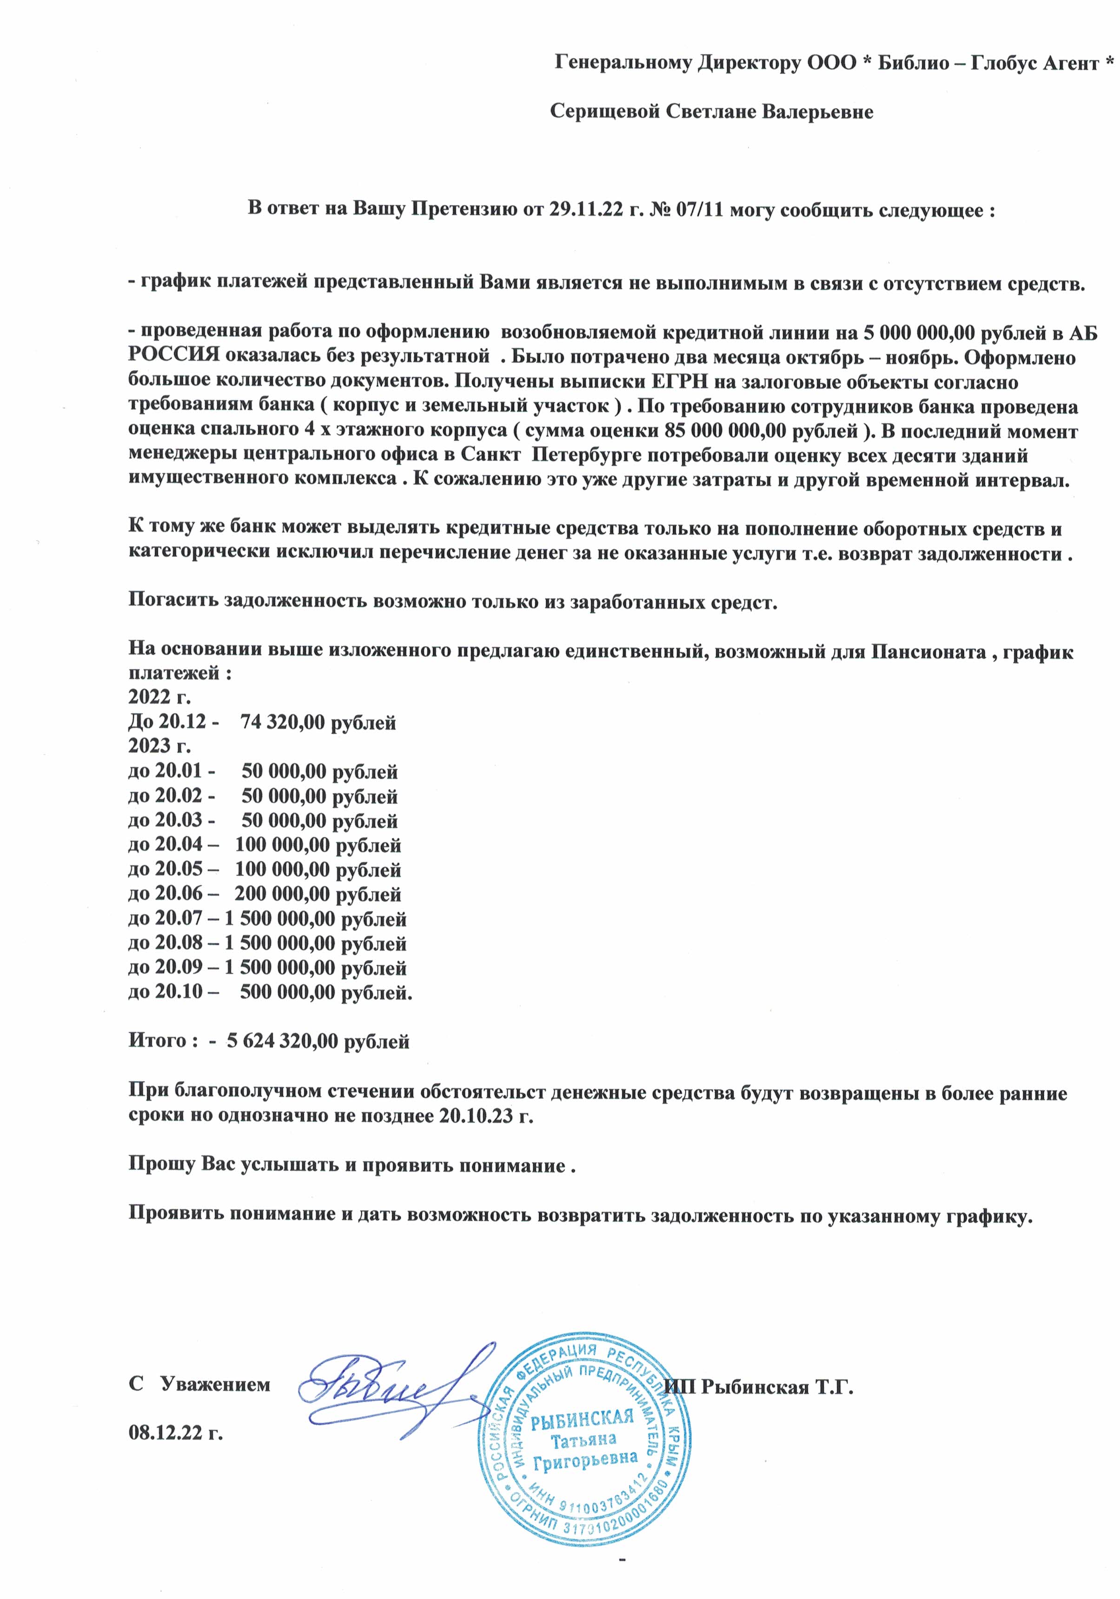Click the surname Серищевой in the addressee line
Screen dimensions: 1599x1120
605,112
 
